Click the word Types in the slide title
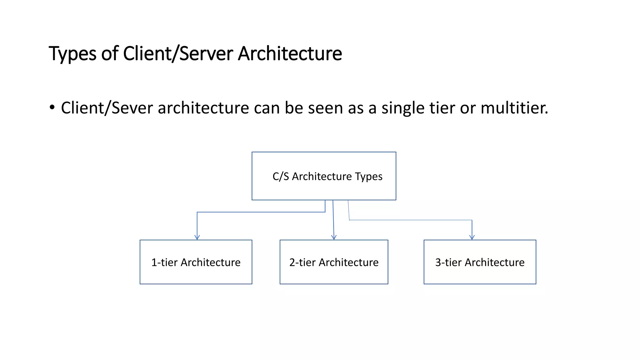[x=72, y=54]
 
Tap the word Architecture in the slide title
[x=290, y=54]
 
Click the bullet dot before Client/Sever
[x=52, y=107]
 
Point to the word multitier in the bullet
[x=514, y=108]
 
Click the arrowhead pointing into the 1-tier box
[x=197, y=237]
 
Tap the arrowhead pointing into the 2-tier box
[x=334, y=237]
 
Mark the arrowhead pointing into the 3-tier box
[x=472, y=237]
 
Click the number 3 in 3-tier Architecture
[x=438, y=262]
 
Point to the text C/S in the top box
[x=281, y=177]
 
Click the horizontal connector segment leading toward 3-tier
[x=409, y=220]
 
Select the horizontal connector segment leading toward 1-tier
[x=261, y=212]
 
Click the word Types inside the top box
[x=369, y=177]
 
